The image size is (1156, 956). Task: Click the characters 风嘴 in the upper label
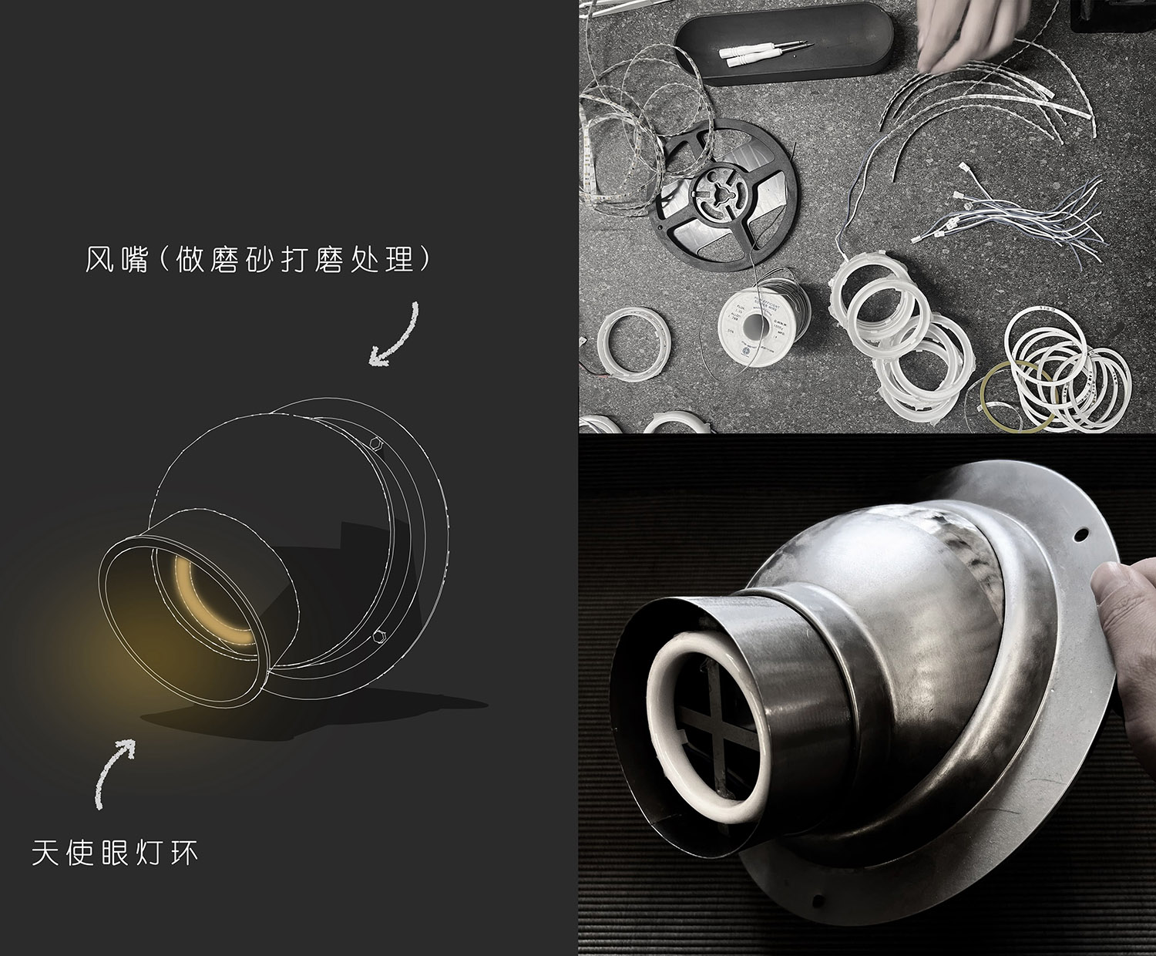117,259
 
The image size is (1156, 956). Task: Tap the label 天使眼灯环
115,853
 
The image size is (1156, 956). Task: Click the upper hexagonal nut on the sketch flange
376,443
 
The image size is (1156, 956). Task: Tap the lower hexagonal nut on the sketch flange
380,635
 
